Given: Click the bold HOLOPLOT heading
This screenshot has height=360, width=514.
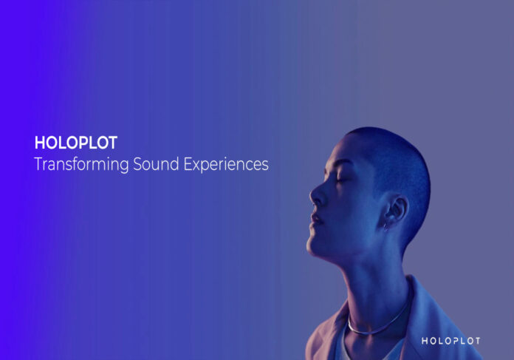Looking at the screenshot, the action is pos(76,143).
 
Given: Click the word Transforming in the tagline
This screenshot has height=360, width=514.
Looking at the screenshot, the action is pos(81,164).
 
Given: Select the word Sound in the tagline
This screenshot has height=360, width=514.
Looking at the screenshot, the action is pos(156,164).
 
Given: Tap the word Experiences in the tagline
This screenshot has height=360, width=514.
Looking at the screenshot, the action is pos(226,164).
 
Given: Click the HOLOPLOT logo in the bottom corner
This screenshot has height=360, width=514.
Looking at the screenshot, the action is pos(450,341).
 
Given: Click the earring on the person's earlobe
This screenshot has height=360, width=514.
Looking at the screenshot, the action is pos(386,225).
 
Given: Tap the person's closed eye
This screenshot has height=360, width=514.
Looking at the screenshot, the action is pos(341,180).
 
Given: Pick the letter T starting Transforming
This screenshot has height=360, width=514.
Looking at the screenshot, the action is pos(38,164).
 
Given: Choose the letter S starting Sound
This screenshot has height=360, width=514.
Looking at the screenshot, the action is pos(137,164).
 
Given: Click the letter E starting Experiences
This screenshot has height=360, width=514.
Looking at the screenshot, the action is pos(187,164).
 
